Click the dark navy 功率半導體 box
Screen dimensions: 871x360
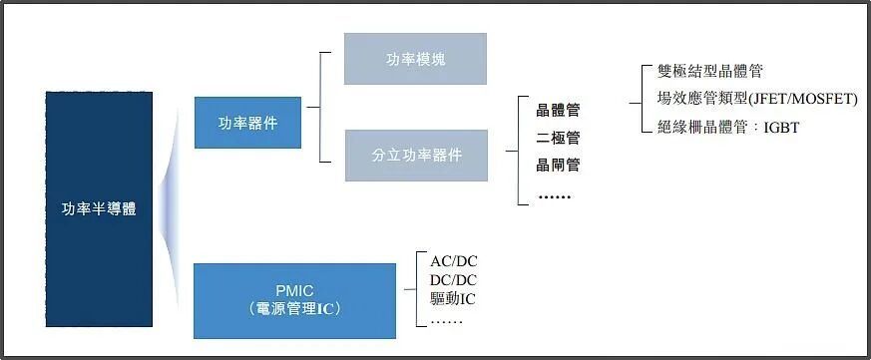pos(99,208)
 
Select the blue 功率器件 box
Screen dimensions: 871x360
pos(247,123)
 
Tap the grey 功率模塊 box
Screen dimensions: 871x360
pos(415,59)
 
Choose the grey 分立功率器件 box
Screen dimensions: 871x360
pos(417,156)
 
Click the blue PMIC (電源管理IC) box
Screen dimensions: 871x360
pos(294,301)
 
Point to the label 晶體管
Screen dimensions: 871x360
pos(558,111)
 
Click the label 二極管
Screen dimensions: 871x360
pos(558,138)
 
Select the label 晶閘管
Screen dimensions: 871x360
pos(558,165)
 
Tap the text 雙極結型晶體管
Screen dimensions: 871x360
pos(710,71)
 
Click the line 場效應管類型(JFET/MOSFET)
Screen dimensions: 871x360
pos(757,100)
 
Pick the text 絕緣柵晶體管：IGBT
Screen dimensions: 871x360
pos(727,128)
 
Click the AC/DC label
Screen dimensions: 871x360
pos(454,261)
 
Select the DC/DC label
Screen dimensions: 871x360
pos(454,280)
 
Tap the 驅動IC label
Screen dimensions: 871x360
pos(453,299)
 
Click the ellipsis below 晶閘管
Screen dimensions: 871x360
pos(555,196)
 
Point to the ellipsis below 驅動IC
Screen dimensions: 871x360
pos(447,322)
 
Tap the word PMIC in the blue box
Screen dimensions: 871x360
pos(294,290)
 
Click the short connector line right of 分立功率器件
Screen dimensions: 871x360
pos(512,151)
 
